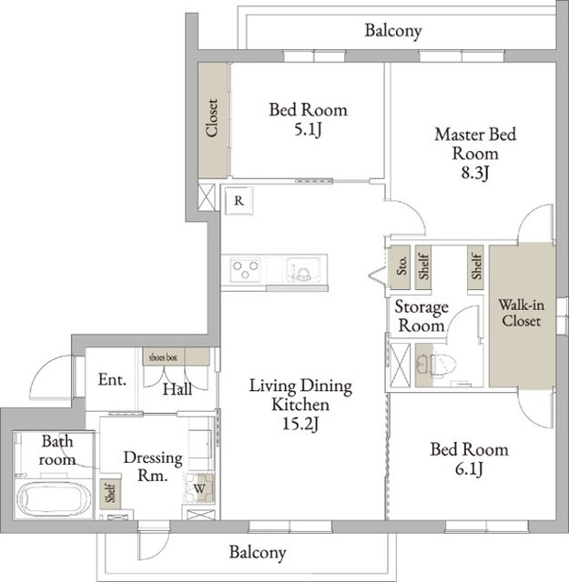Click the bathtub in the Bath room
click(x=54, y=498)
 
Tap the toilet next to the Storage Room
click(x=437, y=366)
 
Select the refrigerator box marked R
click(x=239, y=201)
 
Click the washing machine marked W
click(x=198, y=488)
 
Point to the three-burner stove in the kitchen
click(x=245, y=269)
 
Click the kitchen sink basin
click(x=303, y=269)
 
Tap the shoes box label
click(x=163, y=357)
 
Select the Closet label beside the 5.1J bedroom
click(x=212, y=118)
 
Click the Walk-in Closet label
click(x=521, y=313)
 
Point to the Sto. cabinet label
click(x=401, y=266)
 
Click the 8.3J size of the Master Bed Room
click(x=475, y=173)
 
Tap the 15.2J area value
click(x=300, y=424)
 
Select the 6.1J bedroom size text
click(x=469, y=469)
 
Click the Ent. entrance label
click(x=112, y=380)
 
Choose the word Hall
click(x=178, y=389)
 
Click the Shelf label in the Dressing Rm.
click(x=110, y=492)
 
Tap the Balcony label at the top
click(x=393, y=31)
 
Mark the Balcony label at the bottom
click(x=258, y=552)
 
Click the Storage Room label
click(x=422, y=316)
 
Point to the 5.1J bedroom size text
click(x=308, y=130)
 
